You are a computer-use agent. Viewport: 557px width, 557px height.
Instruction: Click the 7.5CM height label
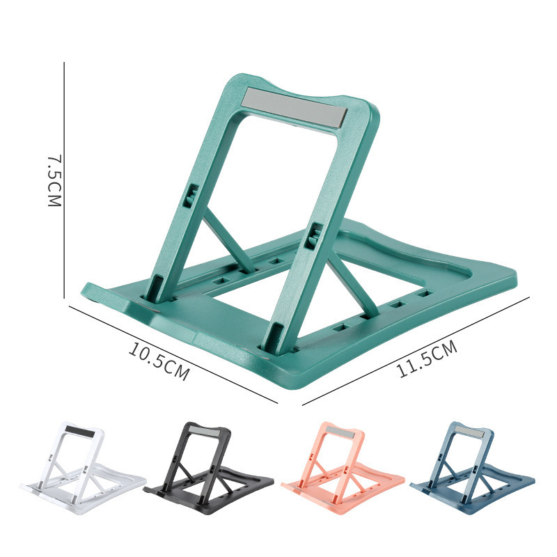(54, 180)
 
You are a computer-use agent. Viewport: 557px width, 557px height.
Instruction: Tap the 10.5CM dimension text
(159, 361)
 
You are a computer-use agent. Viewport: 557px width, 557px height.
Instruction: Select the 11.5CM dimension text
(427, 359)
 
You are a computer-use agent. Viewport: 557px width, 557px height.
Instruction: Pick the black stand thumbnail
(208, 467)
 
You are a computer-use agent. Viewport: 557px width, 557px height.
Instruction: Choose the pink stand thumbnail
(343, 467)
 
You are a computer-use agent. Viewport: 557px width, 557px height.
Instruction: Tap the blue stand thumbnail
(473, 467)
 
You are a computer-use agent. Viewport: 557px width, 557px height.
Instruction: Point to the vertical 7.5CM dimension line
(64, 180)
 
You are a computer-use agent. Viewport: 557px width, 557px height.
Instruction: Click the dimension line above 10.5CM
(173, 354)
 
